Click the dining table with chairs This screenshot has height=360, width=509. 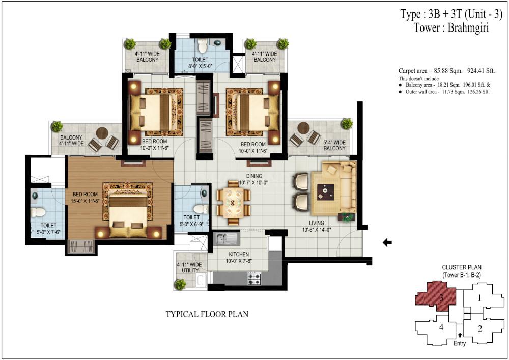tap(234, 203)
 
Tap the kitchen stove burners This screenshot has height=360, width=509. tap(254, 278)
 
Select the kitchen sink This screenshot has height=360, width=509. tap(226, 239)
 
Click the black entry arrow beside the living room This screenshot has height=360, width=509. tap(387, 242)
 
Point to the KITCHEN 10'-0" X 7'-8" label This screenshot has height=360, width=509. tap(239, 258)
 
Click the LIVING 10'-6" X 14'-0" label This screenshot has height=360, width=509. tap(317, 226)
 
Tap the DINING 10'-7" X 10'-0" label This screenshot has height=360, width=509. tap(254, 179)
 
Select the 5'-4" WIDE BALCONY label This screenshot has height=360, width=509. tap(334, 145)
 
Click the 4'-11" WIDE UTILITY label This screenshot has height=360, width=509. tap(189, 267)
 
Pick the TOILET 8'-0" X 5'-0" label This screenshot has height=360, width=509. tap(200, 63)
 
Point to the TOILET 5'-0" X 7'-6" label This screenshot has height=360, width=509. tap(48, 229)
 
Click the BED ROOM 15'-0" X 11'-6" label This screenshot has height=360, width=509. tap(85, 198)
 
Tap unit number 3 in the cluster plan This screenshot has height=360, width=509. tap(441, 298)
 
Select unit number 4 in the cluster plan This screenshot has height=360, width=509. tap(441, 327)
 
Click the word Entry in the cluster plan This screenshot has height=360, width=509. tap(460, 343)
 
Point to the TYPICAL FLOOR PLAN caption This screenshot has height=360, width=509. tap(207, 314)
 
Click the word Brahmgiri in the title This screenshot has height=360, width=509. tap(468, 28)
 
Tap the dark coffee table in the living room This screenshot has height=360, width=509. tap(326, 191)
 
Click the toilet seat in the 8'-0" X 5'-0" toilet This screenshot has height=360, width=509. tap(203, 47)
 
